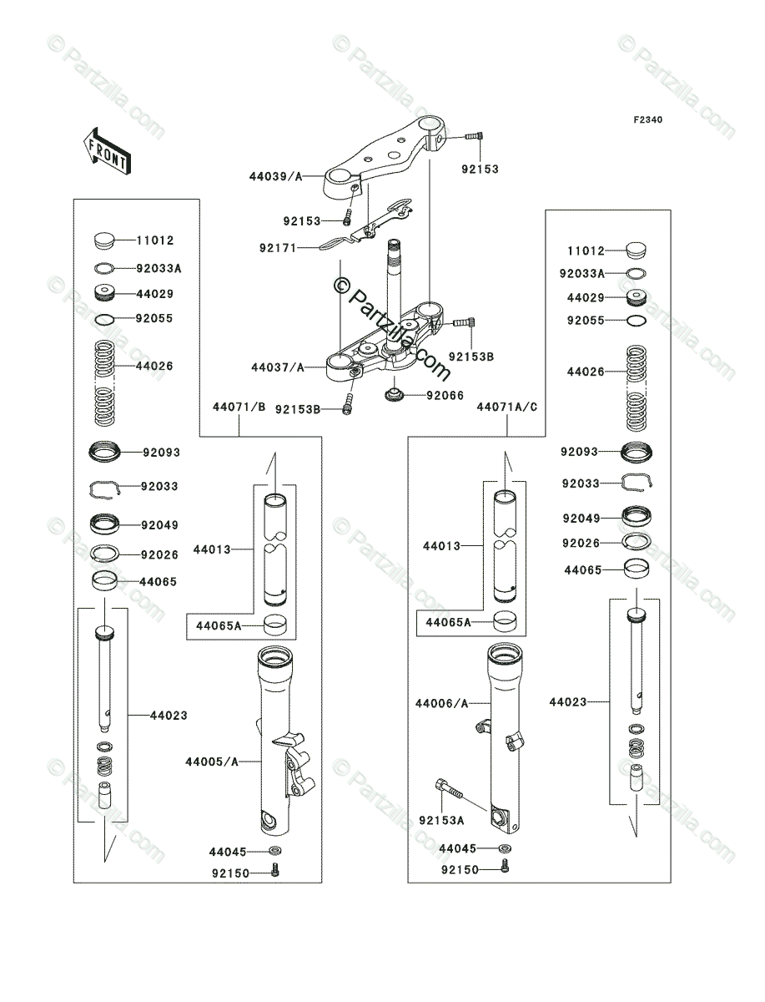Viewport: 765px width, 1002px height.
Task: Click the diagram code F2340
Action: click(x=647, y=120)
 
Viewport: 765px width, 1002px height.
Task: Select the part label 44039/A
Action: click(x=274, y=176)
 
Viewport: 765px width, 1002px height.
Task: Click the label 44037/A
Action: click(x=274, y=367)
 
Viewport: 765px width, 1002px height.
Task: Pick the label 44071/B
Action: click(x=239, y=407)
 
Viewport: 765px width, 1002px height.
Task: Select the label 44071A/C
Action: click(x=507, y=407)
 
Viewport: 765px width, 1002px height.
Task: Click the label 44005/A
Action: click(x=212, y=762)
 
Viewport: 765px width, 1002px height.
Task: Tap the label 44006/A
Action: click(x=442, y=704)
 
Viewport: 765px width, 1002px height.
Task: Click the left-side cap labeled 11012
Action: click(x=103, y=241)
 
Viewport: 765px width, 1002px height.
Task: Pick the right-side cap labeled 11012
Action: click(x=637, y=250)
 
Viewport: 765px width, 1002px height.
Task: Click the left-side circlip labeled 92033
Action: click(x=106, y=488)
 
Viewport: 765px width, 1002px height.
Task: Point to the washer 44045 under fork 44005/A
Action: click(x=274, y=852)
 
